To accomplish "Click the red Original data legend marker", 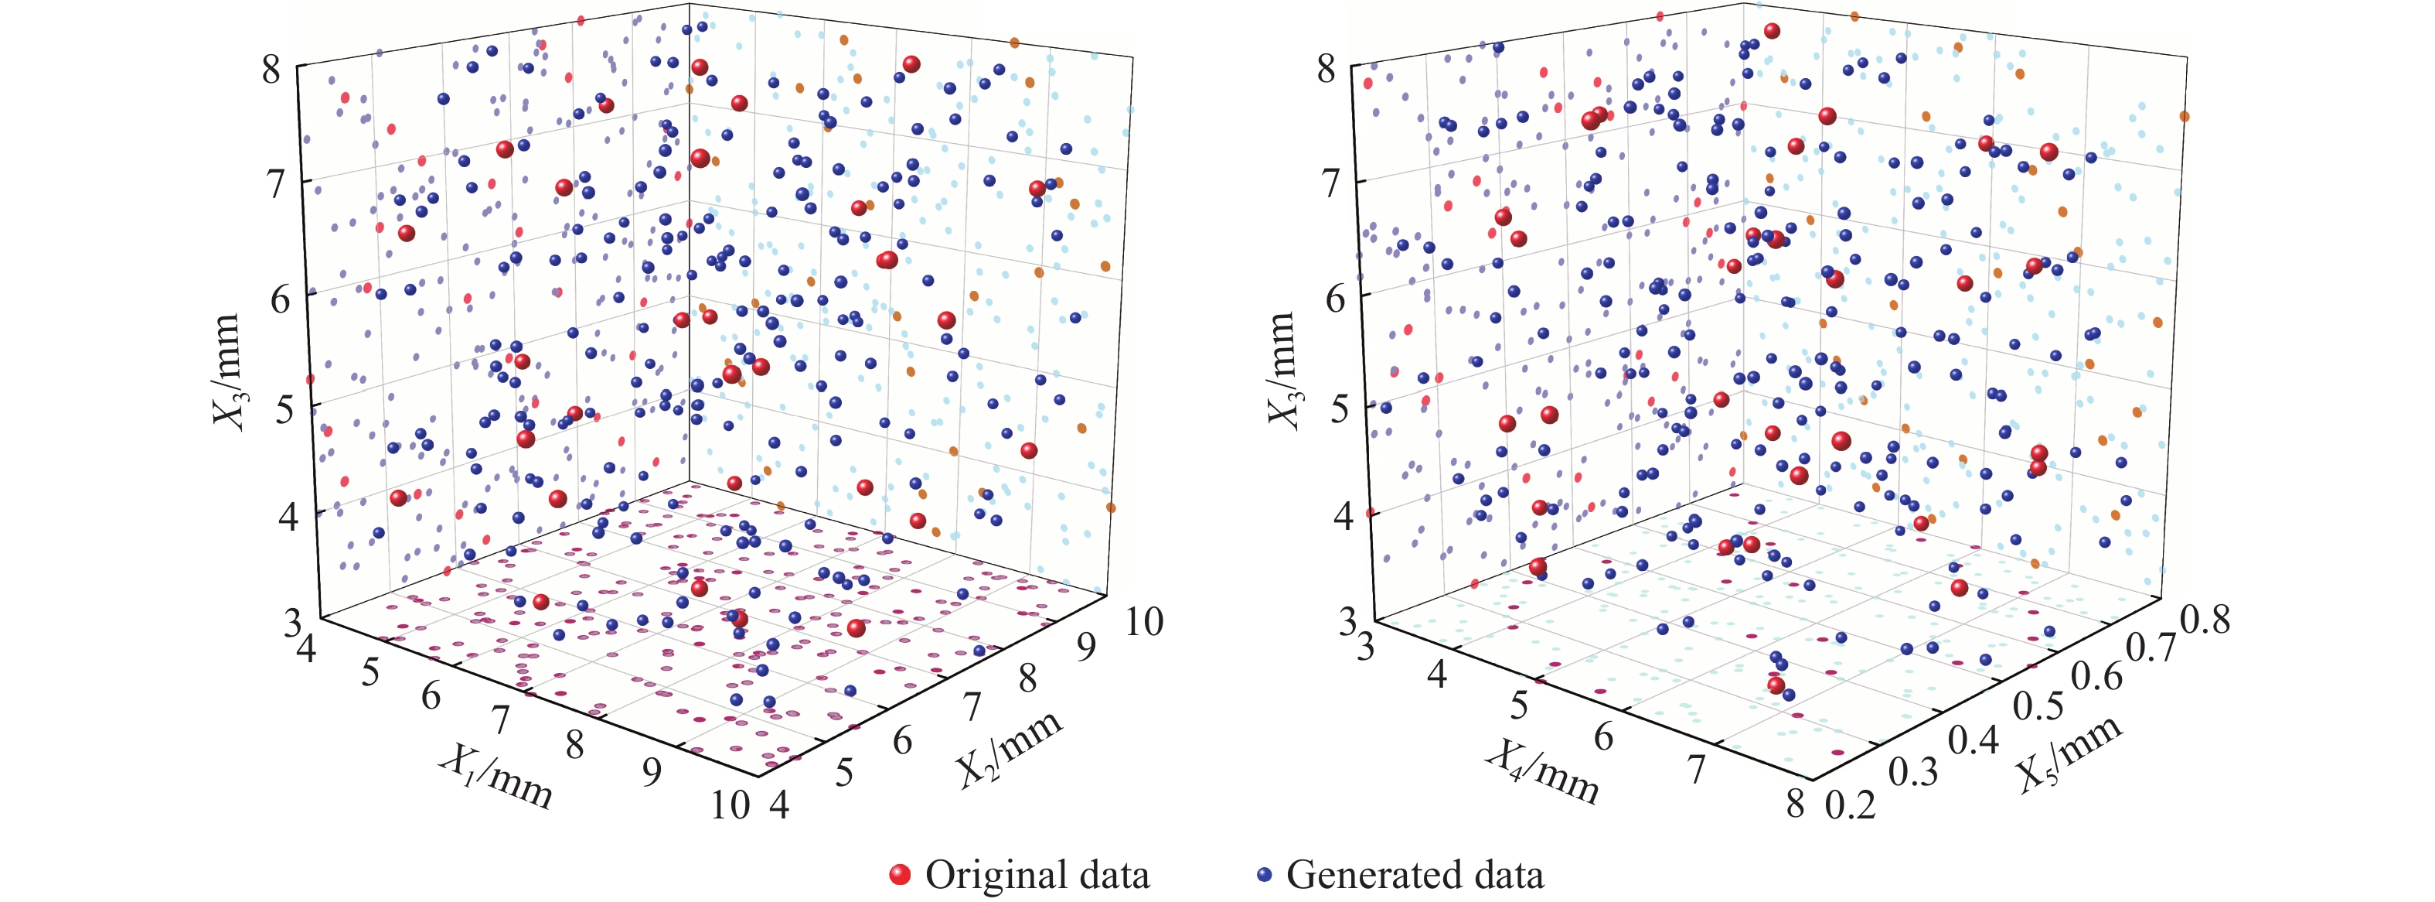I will tap(900, 876).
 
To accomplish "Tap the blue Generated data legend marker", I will tap(1264, 876).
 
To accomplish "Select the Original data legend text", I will tap(1037, 876).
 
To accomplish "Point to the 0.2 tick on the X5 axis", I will tap(1851, 805).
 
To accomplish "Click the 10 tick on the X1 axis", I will tap(730, 805).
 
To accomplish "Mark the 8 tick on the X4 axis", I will tap(1795, 805).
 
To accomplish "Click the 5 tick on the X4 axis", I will tap(1519, 706).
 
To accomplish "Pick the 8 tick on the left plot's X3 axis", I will tap(271, 69).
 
